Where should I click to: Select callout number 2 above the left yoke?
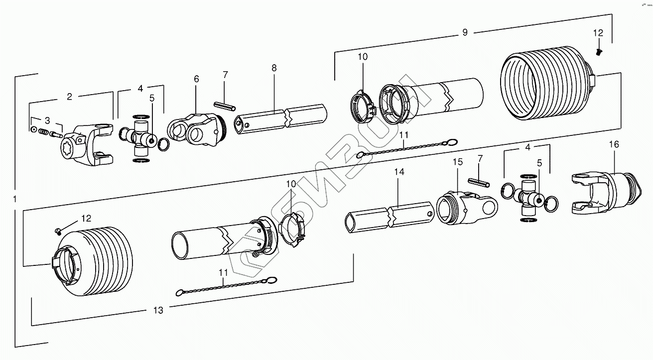[x=70, y=97]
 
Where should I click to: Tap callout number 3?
[x=47, y=120]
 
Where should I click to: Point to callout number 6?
[x=196, y=79]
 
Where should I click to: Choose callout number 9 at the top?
[x=464, y=32]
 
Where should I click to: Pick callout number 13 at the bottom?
[x=158, y=310]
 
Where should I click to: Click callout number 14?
[x=399, y=172]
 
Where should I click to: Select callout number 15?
[x=457, y=162]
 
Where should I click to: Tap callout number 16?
[x=614, y=144]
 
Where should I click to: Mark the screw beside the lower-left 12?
[x=58, y=231]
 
